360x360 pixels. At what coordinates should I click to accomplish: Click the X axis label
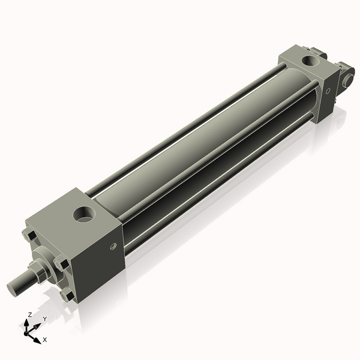point(45,340)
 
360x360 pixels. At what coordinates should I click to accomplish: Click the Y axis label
point(45,319)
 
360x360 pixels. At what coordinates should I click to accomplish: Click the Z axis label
point(30,315)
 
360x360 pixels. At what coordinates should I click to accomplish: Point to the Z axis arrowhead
point(26,323)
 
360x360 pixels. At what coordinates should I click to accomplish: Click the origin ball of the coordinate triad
point(26,334)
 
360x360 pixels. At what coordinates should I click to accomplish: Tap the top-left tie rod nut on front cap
point(29,235)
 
